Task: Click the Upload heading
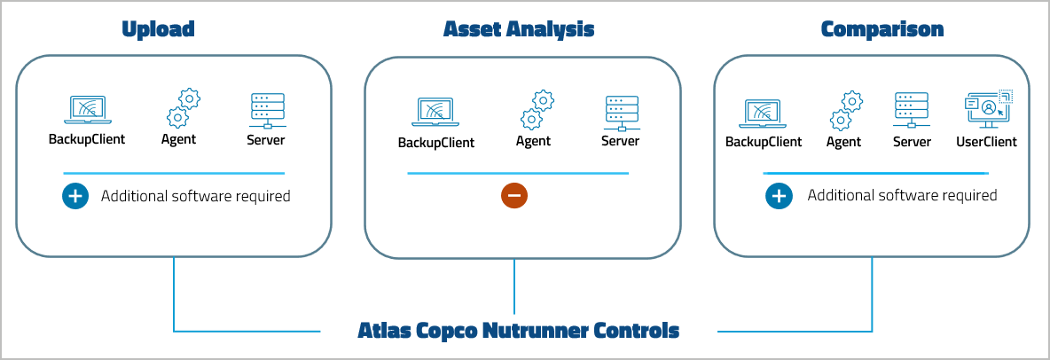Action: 158,29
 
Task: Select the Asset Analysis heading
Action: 519,29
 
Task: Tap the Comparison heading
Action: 882,29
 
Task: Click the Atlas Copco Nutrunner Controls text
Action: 519,332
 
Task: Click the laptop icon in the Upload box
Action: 86,111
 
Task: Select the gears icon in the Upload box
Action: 182,108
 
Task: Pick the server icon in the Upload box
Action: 267,110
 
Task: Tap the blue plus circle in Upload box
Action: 75,196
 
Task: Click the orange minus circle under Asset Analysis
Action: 514,196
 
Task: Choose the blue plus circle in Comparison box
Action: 779,196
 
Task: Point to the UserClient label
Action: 986,142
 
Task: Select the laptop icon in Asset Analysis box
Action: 435,113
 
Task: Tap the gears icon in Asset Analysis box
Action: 536,110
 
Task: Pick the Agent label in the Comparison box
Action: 843,142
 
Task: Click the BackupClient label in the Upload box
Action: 86,139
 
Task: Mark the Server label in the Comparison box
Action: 912,142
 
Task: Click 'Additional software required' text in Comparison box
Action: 902,195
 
